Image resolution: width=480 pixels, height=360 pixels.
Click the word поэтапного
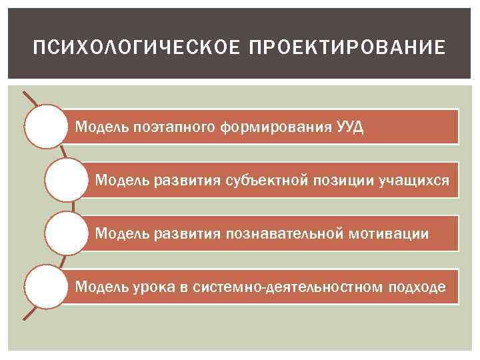[x=175, y=127]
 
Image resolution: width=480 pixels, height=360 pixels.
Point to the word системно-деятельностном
[x=266, y=287]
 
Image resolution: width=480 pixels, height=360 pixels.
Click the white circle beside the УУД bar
[x=45, y=125]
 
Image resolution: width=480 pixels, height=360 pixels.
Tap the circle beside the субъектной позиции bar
[x=67, y=179]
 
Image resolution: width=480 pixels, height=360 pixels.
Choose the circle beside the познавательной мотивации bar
[x=67, y=233]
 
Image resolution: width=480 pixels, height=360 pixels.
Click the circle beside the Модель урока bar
[x=45, y=287]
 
